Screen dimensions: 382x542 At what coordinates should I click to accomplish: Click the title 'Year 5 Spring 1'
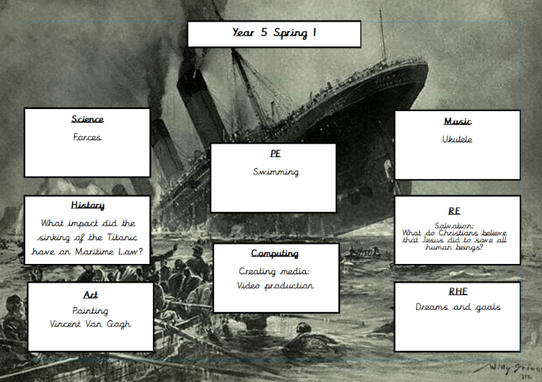(x=274, y=33)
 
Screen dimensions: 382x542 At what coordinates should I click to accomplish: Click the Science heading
(x=87, y=119)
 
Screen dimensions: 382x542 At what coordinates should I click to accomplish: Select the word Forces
(x=87, y=138)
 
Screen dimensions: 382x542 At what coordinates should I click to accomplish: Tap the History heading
(x=88, y=206)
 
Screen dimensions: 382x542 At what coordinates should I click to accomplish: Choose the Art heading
(x=90, y=294)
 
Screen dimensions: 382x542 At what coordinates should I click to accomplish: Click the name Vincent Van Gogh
(x=90, y=324)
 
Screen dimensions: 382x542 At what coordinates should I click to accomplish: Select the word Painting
(x=90, y=310)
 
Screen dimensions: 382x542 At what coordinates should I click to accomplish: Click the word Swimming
(x=276, y=172)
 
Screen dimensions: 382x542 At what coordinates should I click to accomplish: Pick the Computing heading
(x=275, y=254)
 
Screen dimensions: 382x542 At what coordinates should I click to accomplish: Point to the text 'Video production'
(x=275, y=285)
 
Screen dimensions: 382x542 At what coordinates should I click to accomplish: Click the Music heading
(x=457, y=122)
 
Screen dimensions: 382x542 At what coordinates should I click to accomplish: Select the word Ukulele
(x=457, y=140)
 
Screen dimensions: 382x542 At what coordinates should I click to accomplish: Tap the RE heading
(x=454, y=210)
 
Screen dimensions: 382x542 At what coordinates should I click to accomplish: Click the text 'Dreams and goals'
(x=458, y=307)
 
